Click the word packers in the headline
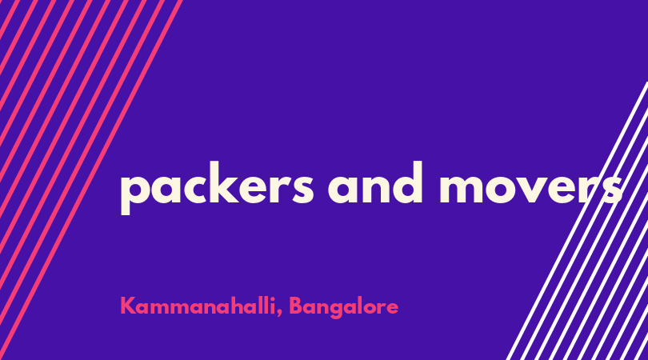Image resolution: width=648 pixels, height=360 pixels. (x=217, y=188)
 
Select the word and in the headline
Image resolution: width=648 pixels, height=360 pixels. (x=375, y=182)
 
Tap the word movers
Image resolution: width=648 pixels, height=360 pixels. (x=531, y=188)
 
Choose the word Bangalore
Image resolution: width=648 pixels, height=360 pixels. (x=343, y=307)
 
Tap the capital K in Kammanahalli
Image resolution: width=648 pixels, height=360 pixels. (x=128, y=306)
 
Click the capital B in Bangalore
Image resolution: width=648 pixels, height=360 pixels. (x=296, y=306)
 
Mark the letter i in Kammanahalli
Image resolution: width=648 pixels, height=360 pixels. (x=273, y=306)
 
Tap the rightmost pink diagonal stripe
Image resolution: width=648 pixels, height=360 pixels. (x=90, y=180)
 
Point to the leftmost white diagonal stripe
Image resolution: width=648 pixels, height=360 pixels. (x=578, y=221)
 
